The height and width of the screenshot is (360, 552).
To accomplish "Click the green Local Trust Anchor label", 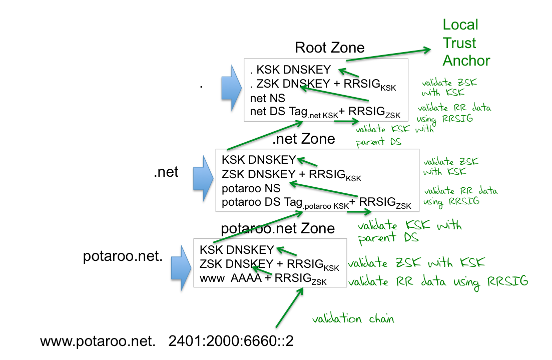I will click(x=466, y=43).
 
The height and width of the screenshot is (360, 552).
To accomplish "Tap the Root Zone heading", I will click(x=329, y=48).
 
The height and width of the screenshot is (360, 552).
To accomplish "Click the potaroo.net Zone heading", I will click(x=278, y=228).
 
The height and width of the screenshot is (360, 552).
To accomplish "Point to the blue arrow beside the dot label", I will click(x=232, y=89).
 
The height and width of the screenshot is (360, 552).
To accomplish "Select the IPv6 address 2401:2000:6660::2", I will click(x=231, y=341).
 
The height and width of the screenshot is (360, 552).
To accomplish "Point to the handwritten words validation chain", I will click(x=353, y=319).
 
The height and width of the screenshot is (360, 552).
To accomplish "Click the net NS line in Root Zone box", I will click(x=267, y=99).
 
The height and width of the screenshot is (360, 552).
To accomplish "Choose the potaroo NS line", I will click(x=251, y=189).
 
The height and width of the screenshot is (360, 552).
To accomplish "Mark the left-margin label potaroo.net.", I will click(x=123, y=257).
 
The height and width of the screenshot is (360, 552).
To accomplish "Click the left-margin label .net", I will click(x=166, y=173).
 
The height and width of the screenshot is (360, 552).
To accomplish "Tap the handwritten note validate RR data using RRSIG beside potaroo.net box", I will click(x=438, y=281).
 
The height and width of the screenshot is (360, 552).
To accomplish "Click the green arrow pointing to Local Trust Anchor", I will click(x=388, y=54).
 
